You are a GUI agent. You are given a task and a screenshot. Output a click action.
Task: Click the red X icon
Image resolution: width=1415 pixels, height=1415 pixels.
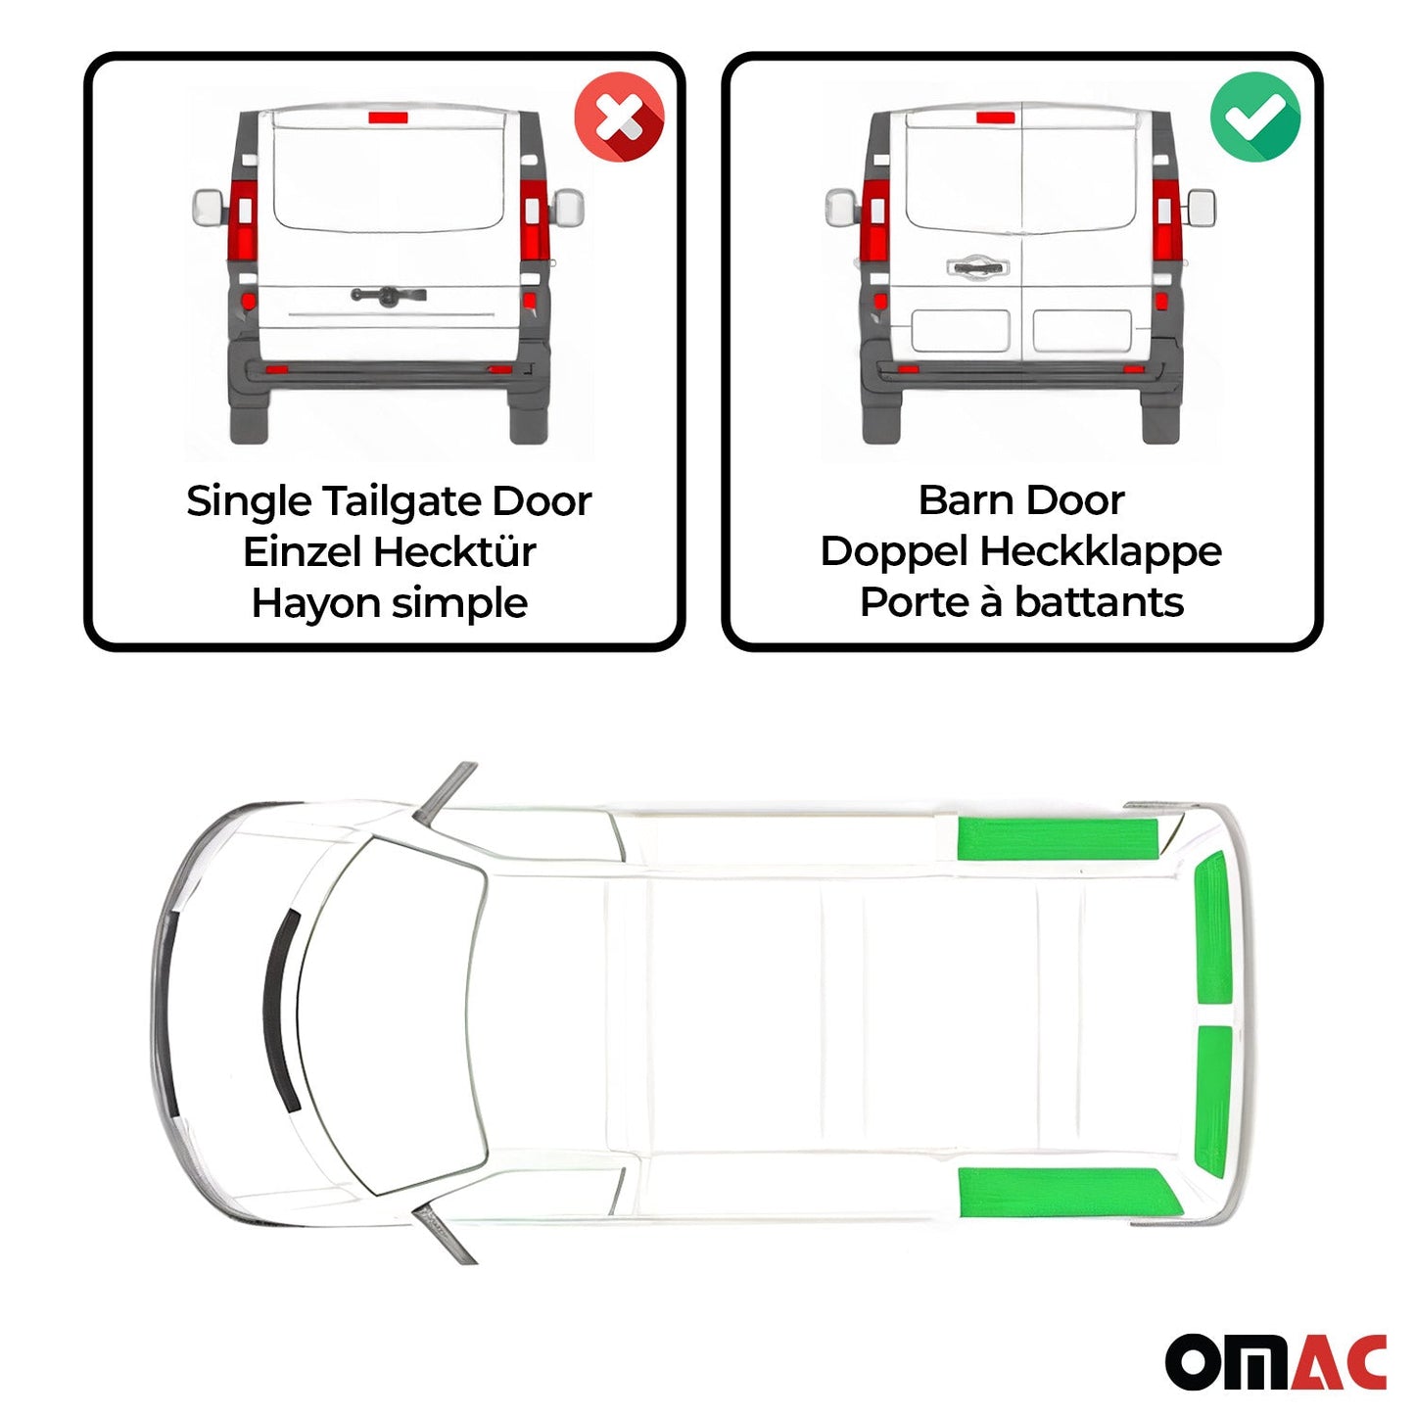click(619, 117)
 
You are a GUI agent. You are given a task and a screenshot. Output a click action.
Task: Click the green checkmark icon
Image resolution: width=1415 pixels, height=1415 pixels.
click(1255, 117)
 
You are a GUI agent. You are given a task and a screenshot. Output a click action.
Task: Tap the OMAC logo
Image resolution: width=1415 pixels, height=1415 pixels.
click(1275, 1360)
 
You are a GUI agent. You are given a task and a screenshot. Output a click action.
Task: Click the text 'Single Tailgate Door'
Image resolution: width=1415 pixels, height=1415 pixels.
click(389, 501)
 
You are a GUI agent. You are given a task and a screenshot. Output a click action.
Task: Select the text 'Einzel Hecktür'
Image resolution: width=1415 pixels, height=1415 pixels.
click(389, 552)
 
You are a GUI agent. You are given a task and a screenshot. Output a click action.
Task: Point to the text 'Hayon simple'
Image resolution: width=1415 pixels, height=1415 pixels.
click(389, 603)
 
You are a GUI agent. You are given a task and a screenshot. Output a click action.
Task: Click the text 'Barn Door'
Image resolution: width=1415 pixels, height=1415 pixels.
click(1021, 500)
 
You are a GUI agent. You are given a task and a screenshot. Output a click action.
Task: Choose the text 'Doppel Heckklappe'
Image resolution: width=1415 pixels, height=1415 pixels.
click(1021, 551)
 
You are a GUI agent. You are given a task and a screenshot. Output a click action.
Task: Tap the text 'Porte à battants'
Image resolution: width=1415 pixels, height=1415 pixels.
click(1021, 602)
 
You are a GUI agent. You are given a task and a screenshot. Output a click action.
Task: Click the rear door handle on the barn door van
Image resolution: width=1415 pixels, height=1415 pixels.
click(976, 266)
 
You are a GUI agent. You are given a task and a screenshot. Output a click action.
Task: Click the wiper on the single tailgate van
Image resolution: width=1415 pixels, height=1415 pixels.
click(388, 295)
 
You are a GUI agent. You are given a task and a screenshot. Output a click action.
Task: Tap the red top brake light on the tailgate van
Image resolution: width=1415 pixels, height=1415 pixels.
click(388, 118)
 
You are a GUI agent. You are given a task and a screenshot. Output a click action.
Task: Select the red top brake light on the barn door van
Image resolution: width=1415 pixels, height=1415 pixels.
click(995, 118)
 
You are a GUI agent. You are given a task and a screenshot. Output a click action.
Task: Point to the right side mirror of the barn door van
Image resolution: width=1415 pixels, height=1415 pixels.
click(1202, 208)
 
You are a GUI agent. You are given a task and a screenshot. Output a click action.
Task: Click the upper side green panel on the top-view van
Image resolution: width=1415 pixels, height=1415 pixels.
click(1058, 838)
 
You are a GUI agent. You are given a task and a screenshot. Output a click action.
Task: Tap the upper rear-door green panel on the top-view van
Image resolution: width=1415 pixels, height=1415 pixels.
click(1213, 928)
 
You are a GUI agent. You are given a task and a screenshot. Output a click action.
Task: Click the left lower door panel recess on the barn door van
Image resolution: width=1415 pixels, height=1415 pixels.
click(960, 331)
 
